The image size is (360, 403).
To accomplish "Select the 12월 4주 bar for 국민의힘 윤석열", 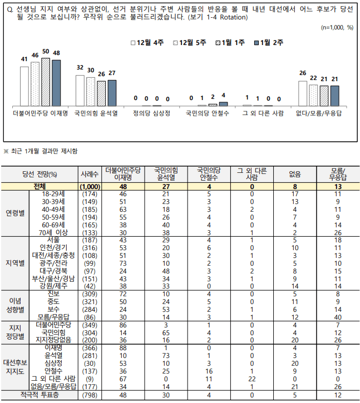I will click(80, 90).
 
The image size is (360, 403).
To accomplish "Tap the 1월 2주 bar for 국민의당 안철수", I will click(223, 103).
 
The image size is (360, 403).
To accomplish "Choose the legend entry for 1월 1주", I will click(232, 43).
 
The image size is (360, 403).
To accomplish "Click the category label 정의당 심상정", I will click(151, 113).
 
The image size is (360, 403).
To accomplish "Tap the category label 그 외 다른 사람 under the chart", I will click(263, 113).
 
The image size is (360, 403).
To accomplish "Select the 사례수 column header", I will click(90, 173).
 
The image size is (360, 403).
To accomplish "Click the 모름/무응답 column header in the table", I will click(337, 173).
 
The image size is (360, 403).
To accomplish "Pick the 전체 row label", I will click(40, 186).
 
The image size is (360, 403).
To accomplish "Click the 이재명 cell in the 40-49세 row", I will click(124, 209).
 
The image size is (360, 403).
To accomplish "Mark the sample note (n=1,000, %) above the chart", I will click(337, 27).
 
